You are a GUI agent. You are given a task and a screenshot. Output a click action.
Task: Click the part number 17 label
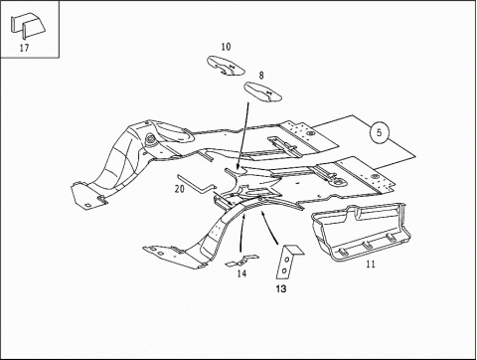[x=26, y=47]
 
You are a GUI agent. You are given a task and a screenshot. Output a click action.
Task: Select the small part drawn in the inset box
[x=30, y=23]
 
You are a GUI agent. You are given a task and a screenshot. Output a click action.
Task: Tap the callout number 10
[x=226, y=47]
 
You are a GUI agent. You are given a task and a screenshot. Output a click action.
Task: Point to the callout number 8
[x=261, y=75]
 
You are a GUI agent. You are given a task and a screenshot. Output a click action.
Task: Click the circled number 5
[x=379, y=130]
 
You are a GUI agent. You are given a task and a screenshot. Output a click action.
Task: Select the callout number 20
[x=180, y=188]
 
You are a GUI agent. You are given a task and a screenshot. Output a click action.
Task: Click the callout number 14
[x=241, y=274]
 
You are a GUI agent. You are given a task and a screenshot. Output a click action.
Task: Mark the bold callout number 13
[x=281, y=289]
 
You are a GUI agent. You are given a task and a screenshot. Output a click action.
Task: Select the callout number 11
[x=370, y=266]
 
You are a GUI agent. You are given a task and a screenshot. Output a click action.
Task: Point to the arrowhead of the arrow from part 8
[x=238, y=171]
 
